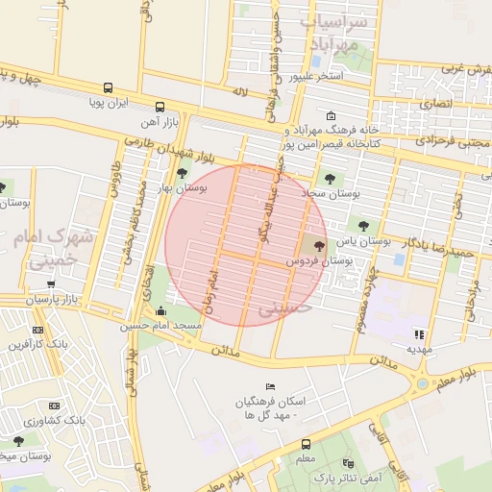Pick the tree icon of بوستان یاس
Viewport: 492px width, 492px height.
coord(362,226)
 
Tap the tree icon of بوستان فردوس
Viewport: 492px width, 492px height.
coord(319,247)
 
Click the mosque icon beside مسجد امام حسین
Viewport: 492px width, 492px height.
coord(160,311)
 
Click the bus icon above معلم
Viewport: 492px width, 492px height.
coord(306,444)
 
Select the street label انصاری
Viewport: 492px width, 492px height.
coord(434,101)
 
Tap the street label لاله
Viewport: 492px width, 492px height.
coord(240,90)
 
